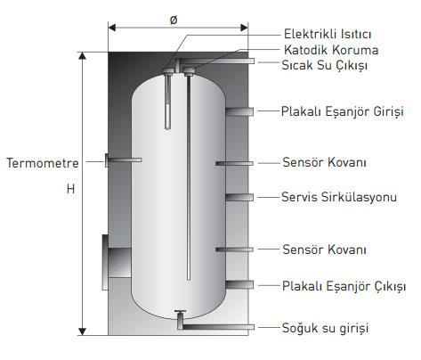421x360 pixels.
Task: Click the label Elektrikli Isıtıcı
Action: click(328, 34)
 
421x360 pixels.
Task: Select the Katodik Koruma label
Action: click(331, 50)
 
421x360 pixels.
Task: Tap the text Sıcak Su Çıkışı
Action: click(325, 66)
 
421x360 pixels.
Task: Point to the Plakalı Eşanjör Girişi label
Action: click(343, 112)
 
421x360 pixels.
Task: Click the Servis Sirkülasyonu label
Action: click(339, 197)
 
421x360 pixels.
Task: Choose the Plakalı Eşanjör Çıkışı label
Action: click(344, 286)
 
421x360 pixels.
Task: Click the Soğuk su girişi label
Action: click(325, 328)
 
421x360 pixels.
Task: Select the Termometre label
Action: click(43, 163)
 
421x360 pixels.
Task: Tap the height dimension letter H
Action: click(70, 189)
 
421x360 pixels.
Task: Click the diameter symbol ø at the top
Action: click(174, 20)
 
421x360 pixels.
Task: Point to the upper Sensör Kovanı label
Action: click(324, 162)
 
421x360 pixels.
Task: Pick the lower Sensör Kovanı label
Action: click(324, 250)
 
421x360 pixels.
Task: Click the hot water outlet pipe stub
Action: click(215, 61)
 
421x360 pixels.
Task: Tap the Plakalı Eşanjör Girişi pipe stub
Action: click(239, 111)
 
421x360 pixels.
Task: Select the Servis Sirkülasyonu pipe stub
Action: click(239, 197)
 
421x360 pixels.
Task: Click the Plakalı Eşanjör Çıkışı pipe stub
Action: click(239, 284)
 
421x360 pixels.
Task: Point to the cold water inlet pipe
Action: click(215, 327)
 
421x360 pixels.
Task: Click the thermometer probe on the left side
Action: click(123, 160)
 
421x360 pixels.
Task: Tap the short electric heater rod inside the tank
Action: click(168, 99)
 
